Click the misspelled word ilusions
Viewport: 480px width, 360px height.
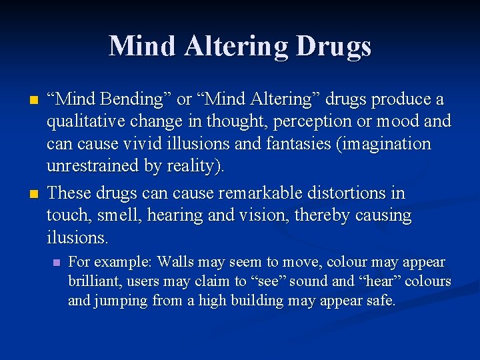(76, 238)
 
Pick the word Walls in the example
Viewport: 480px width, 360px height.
(175, 262)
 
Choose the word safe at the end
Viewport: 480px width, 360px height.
(383, 301)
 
